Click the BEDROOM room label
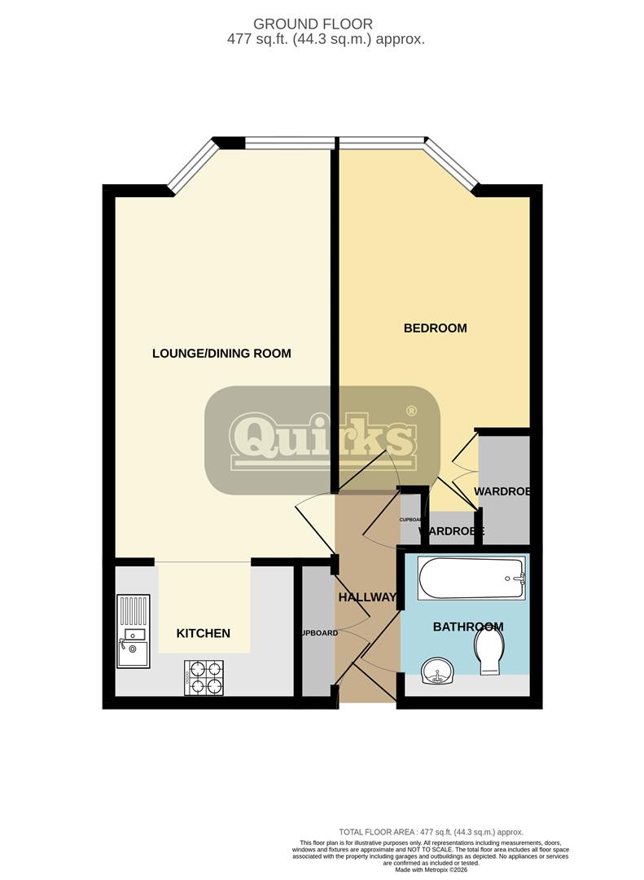tap(436, 328)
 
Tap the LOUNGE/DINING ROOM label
tap(221, 354)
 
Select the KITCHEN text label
tap(204, 633)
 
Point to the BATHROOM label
tap(467, 627)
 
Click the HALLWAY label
tap(366, 597)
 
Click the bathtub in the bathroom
tap(471, 579)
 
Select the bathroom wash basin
tap(438, 674)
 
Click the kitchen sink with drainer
tap(133, 631)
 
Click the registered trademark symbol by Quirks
tap(411, 411)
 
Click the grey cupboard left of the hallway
tap(317, 631)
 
